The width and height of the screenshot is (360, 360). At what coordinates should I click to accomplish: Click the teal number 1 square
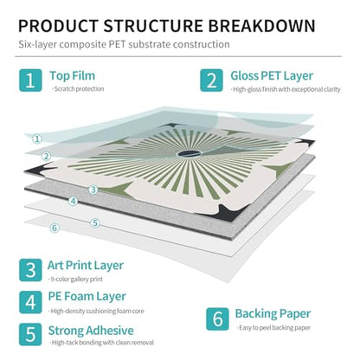click(30, 80)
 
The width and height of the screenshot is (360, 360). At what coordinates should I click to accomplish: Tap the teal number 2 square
click(211, 80)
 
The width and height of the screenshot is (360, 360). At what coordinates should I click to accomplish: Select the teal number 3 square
click(30, 270)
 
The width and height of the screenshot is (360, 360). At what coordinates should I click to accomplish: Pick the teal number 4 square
click(30, 302)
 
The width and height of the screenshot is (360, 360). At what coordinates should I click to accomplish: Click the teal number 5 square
click(30, 334)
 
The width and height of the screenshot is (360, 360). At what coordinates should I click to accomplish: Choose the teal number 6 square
click(217, 319)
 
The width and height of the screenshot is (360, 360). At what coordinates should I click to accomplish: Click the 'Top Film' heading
click(72, 76)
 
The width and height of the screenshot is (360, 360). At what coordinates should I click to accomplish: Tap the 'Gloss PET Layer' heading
click(272, 76)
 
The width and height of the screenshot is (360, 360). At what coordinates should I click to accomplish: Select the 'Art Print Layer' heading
click(86, 266)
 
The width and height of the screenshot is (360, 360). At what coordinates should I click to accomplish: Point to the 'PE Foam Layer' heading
click(87, 297)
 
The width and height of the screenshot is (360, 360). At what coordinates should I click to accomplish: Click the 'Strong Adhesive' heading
click(91, 331)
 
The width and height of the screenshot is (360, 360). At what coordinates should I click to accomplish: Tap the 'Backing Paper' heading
click(273, 314)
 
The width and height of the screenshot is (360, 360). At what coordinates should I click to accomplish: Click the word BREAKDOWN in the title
click(261, 26)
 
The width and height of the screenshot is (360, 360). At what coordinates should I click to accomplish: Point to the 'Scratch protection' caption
click(78, 89)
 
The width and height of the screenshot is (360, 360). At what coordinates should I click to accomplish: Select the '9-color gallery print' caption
click(75, 280)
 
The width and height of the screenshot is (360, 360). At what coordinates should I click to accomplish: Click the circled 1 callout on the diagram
click(37, 139)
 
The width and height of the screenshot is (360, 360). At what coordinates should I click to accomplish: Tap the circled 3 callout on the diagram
click(93, 190)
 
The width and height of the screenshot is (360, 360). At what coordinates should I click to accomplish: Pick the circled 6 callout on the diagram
click(55, 228)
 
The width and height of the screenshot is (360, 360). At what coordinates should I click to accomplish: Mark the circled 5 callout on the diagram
click(95, 223)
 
